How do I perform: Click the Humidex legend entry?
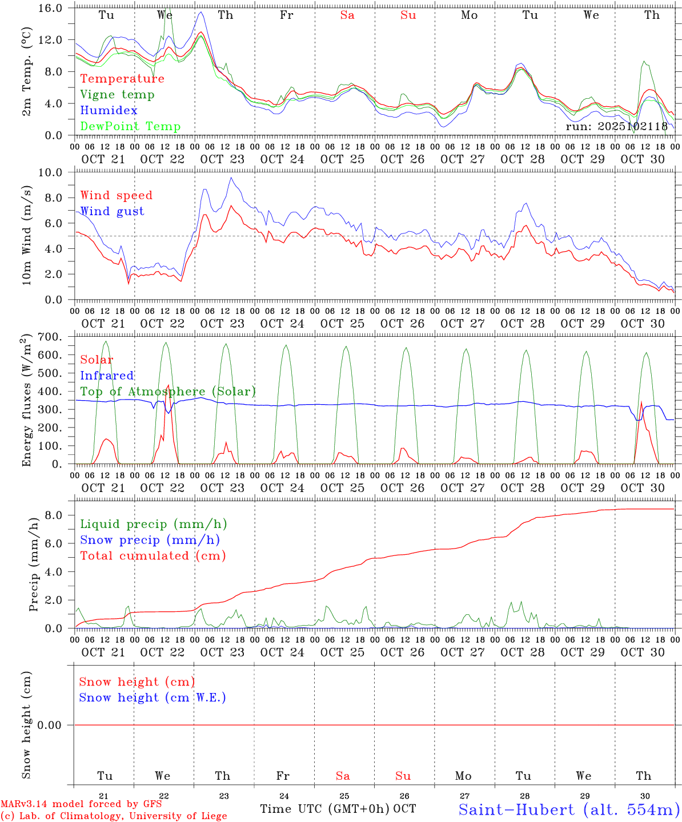(x=109, y=111)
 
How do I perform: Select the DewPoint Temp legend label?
(x=130, y=127)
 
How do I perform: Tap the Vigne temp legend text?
(x=117, y=95)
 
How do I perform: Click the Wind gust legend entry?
(x=112, y=211)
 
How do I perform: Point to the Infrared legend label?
(x=107, y=376)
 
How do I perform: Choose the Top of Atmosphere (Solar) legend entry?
(x=168, y=392)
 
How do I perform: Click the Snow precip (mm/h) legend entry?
(x=150, y=540)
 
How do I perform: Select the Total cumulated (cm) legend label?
(x=153, y=556)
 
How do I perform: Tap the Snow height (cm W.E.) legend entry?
(x=153, y=698)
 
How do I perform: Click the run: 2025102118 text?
(x=616, y=127)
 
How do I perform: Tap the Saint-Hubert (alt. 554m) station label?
(x=569, y=809)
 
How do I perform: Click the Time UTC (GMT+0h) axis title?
(x=325, y=809)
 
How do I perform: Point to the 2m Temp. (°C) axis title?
(x=27, y=71)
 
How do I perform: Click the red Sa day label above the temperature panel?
(x=347, y=15)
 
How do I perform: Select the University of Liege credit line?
(x=114, y=816)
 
